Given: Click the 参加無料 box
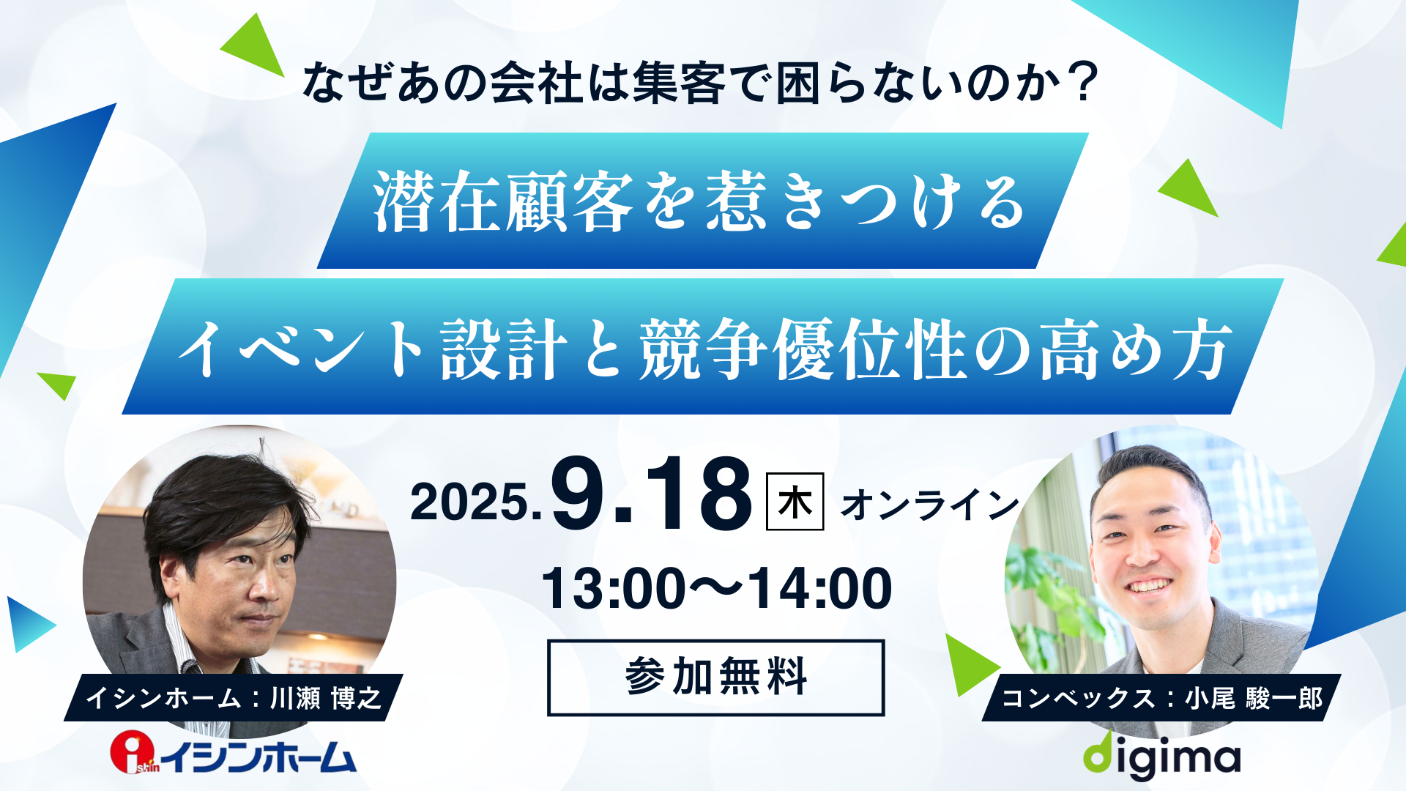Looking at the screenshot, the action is tap(715, 677).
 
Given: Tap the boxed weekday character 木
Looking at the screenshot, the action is tap(795, 502).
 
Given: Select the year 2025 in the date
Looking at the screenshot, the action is tap(471, 502).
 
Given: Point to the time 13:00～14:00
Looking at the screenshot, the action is tap(716, 588).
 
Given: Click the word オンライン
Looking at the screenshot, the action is tap(929, 505).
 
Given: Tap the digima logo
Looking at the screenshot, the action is tap(1162, 756).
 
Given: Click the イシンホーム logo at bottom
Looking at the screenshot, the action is tap(234, 754).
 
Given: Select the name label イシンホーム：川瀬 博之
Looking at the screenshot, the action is tap(234, 697).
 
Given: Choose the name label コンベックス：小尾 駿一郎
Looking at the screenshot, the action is tap(1161, 697).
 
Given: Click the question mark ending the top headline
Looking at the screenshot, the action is tap(1082, 82).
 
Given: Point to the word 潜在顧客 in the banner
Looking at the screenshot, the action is tap(503, 201).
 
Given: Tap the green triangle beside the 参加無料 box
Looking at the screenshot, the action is tap(970, 664).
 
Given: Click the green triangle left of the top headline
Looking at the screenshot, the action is tap(253, 45).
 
